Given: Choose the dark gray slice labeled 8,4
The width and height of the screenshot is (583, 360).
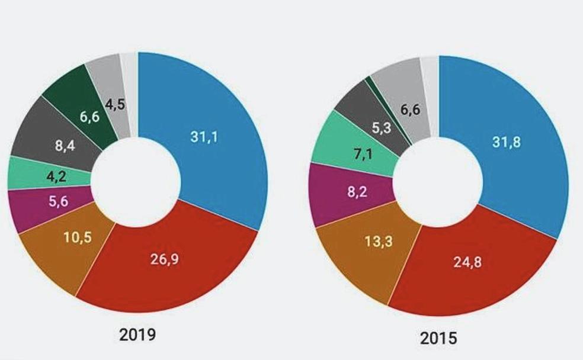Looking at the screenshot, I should point(66,143).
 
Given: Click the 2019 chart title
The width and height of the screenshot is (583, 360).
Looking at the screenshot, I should point(137,335).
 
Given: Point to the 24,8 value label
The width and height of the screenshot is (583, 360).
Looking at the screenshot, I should point(468,262).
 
